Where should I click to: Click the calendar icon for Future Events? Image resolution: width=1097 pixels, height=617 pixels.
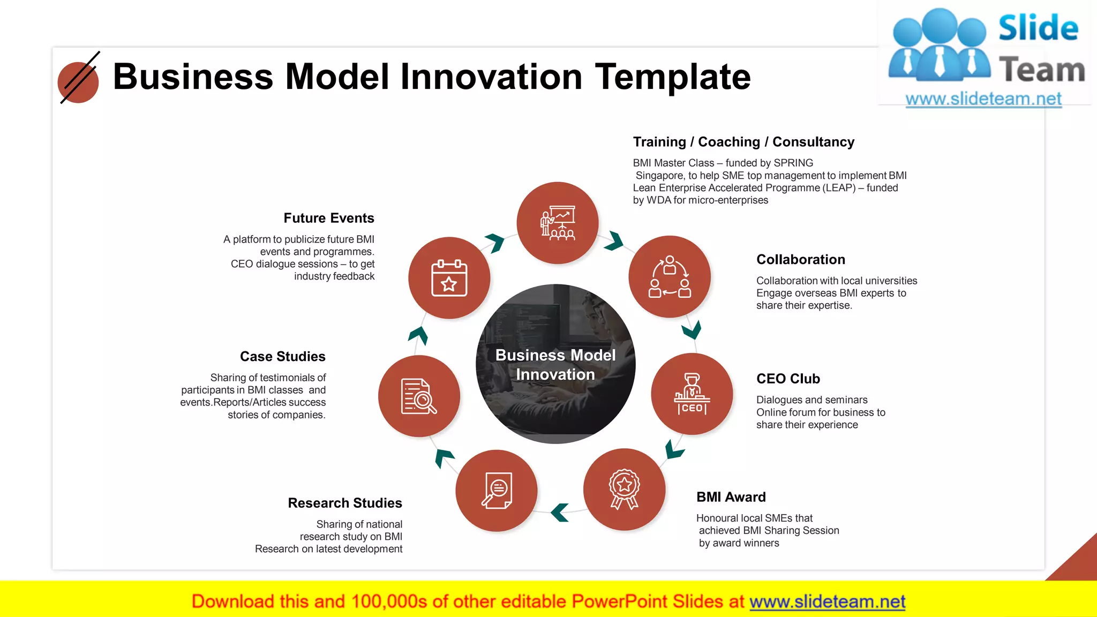pos(449,278)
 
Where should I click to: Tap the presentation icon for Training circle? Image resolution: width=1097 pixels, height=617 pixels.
pos(557,223)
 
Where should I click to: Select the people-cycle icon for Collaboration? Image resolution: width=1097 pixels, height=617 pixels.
pos(670,277)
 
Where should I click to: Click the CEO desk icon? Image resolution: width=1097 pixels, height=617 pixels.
pos(692,394)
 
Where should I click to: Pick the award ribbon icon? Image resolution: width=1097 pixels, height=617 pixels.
pos(624,489)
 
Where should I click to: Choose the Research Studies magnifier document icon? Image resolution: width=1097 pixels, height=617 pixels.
pos(497,490)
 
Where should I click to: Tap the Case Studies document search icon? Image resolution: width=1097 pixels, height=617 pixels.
pos(419,396)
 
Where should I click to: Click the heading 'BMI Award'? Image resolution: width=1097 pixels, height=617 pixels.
pos(731,497)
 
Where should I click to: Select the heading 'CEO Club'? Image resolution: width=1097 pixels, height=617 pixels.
pos(787,379)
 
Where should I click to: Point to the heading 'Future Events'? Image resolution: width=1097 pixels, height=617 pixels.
pos(328,218)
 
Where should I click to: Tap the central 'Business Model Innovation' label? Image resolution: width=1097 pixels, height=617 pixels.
pos(555,365)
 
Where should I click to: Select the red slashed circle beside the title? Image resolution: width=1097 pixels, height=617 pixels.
pos(78,82)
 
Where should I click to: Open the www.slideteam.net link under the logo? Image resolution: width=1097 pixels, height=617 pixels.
pos(983,99)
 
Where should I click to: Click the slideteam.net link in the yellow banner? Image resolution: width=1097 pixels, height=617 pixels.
pos(827,601)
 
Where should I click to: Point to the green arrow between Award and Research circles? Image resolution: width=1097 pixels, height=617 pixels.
pos(560,512)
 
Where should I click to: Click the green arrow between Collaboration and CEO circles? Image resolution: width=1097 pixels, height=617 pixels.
pos(692,329)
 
